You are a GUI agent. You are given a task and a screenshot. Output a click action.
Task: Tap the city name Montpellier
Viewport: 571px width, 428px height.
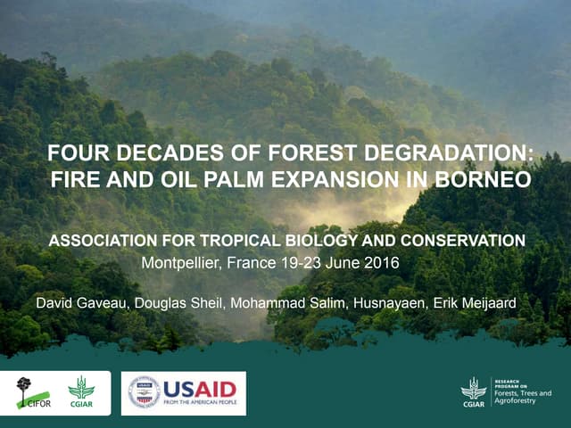point(181,263)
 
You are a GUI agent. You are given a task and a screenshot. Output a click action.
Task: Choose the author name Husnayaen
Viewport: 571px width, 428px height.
point(390,302)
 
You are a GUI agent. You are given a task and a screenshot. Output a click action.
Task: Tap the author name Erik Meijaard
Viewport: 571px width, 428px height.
point(475,302)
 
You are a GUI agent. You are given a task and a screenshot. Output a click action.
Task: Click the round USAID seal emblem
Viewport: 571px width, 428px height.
point(145,392)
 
